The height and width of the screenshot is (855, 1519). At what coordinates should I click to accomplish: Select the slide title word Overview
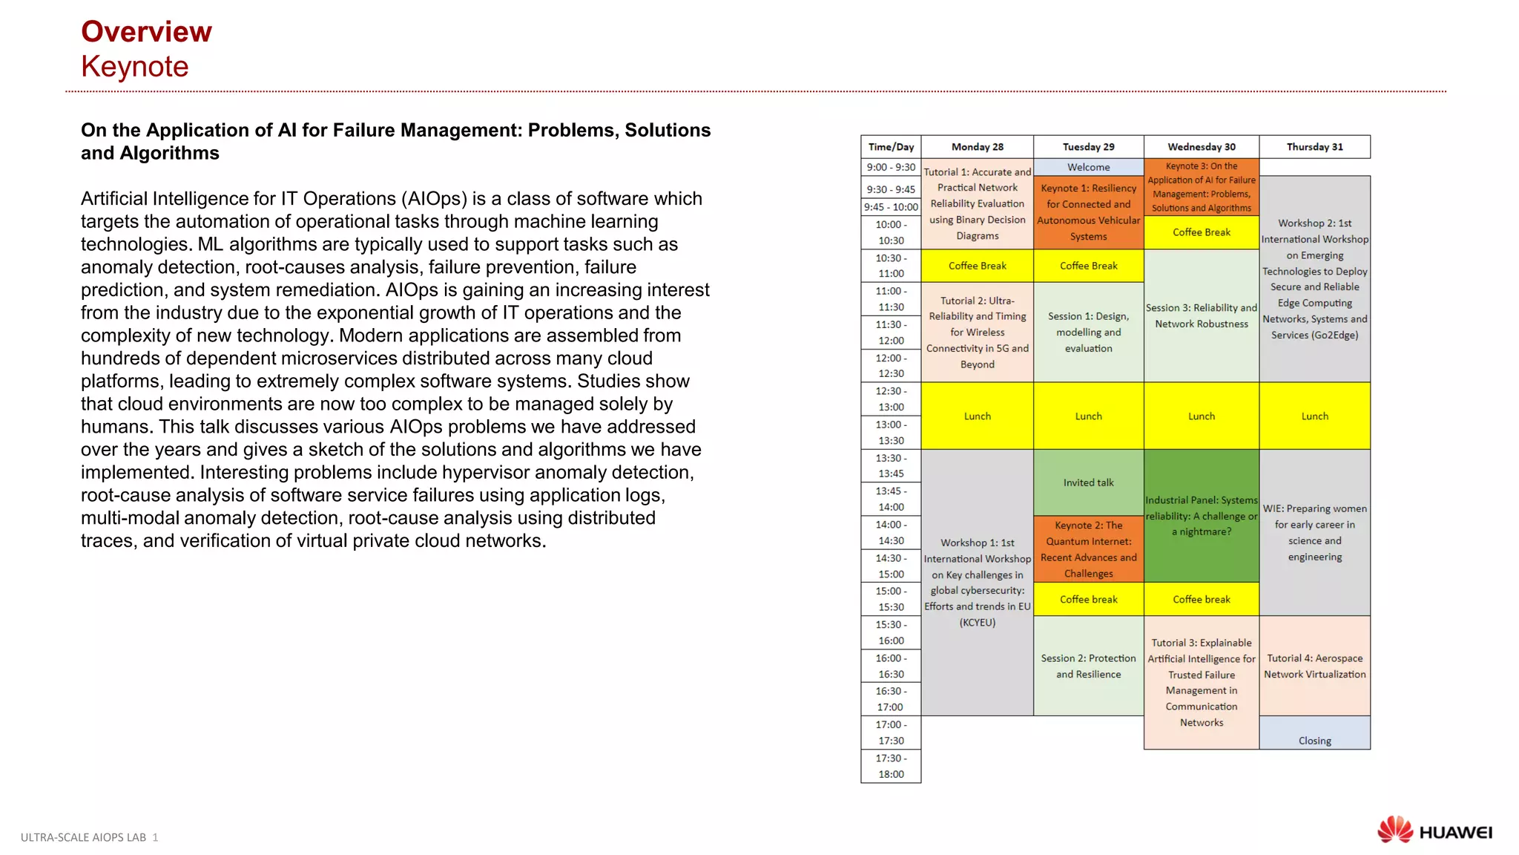coord(146,32)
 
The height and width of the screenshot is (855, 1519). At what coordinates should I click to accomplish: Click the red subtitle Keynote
coord(134,67)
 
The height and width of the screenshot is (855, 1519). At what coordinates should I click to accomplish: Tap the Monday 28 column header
coord(977,147)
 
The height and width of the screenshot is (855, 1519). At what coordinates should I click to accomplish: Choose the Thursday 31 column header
coord(1314,147)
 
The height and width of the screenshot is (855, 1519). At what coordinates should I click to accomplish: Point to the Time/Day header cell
coord(891,147)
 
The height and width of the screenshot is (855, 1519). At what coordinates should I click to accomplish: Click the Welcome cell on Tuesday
coord(1088,167)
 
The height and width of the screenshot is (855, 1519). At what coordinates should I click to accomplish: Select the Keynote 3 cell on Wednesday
coord(1201,187)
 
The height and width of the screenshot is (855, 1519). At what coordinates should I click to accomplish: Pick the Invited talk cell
coord(1088,482)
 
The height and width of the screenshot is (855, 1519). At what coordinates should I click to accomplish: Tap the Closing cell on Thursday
coord(1314,740)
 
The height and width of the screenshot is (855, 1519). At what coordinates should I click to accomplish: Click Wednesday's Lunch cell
coord(1201,416)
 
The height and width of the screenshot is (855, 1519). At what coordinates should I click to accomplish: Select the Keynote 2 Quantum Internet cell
coord(1088,549)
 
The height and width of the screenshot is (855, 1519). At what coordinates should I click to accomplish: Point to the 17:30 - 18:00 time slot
coord(891,766)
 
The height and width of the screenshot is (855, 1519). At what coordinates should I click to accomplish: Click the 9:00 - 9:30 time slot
coord(891,167)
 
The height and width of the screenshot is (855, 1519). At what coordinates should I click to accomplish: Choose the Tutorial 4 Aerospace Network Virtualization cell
coord(1314,666)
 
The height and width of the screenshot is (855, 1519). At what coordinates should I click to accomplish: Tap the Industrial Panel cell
coord(1201,516)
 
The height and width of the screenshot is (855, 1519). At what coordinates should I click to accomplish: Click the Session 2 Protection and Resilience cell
coord(1088,666)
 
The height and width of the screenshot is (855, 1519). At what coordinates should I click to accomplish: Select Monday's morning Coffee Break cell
coord(977,266)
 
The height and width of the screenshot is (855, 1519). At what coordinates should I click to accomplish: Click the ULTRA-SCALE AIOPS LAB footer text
coord(84,837)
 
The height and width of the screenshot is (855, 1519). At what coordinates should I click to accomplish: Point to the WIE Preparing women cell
coord(1314,532)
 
